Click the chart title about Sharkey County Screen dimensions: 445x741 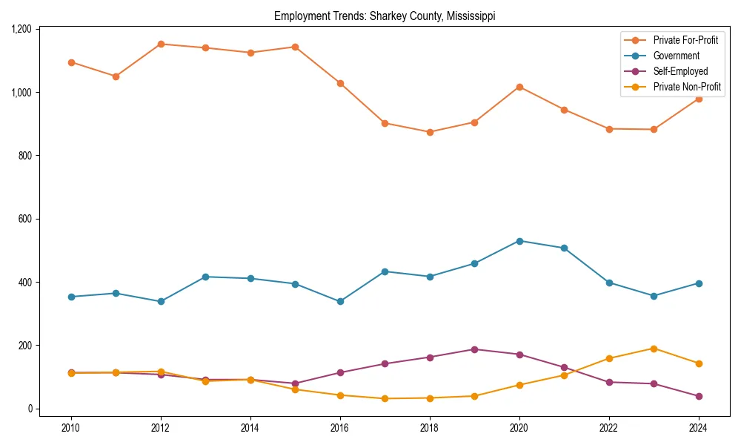(385, 16)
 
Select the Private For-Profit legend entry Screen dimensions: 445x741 (685, 40)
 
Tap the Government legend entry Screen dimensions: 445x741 (676, 56)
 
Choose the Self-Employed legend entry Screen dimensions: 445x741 (680, 71)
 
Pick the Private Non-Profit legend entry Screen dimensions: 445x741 (687, 87)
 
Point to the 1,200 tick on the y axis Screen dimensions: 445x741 (21, 29)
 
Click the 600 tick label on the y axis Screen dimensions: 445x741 (26, 219)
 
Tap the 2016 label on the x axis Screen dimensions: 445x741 (340, 428)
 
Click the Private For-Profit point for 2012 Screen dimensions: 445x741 (161, 44)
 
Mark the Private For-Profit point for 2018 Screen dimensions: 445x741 (430, 132)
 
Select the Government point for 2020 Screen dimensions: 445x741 (519, 241)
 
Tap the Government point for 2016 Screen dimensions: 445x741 (340, 301)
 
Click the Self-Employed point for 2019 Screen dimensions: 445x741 (474, 349)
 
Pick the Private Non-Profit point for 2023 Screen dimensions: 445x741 (654, 349)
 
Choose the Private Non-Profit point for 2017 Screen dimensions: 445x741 (385, 398)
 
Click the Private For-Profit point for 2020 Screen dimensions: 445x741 (519, 87)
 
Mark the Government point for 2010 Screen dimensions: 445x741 (71, 297)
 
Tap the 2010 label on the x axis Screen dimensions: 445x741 (71, 428)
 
